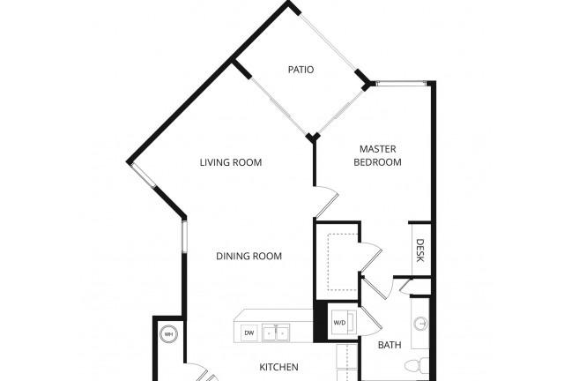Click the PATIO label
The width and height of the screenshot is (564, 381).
point(301,70)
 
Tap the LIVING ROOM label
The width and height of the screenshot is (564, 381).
point(231,162)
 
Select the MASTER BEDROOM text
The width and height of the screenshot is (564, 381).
point(377,155)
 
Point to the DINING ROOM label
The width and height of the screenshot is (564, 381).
point(249,256)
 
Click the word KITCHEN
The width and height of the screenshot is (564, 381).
point(278,367)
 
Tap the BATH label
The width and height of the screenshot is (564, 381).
point(390,345)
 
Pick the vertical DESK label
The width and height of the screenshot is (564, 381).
point(419,250)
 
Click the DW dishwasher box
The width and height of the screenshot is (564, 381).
point(249,332)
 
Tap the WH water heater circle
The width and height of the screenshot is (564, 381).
point(168,334)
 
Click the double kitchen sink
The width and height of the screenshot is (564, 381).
point(276,332)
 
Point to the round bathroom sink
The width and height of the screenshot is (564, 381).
point(420,323)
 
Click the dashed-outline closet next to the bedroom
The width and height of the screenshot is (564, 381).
point(343,262)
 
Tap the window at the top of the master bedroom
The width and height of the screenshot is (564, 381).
point(401,84)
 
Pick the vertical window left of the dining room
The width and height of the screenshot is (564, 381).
point(184,236)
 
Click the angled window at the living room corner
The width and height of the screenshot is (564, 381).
point(143,175)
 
